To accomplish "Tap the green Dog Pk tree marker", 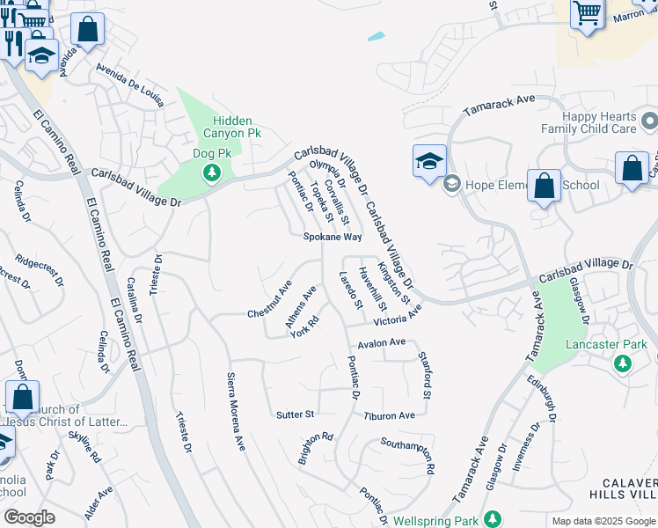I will tap(212, 172).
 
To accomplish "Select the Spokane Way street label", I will tap(333, 238).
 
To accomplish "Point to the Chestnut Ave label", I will tap(269, 301).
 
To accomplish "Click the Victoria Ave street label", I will tap(398, 315).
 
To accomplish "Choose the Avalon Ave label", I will tap(381, 342).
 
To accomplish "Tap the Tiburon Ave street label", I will tap(389, 415).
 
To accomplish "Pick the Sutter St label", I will tap(295, 414).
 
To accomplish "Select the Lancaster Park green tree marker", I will tap(623, 363).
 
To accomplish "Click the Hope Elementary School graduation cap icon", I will tap(429, 161).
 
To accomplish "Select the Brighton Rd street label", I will tap(315, 447).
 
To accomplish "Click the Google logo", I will tap(29, 517).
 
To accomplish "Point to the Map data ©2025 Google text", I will tap(603, 521).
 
